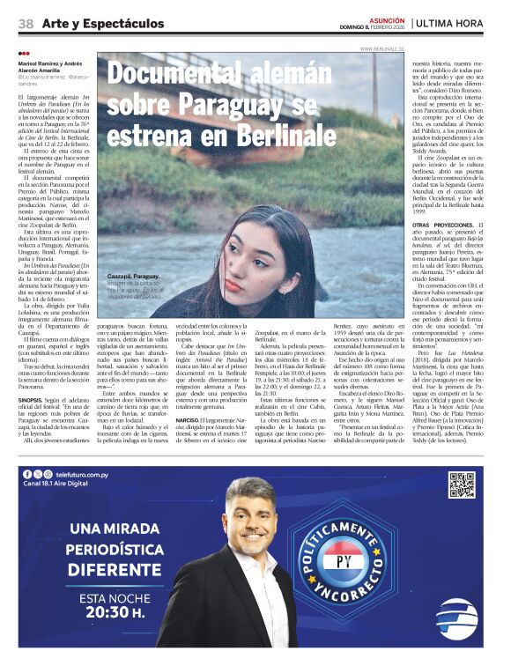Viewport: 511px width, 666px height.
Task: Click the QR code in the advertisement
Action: coord(462,485)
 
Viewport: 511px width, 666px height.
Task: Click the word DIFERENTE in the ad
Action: coord(110,569)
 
